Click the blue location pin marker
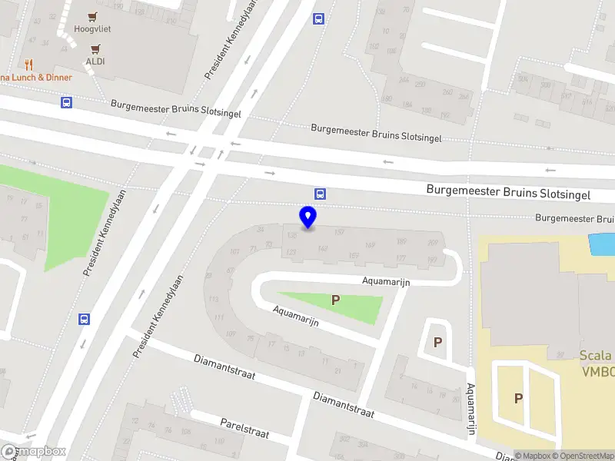[307, 217]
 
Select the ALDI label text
[95, 61]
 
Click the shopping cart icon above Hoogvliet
[94, 16]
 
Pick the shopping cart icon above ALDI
[95, 48]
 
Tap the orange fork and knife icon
[29, 65]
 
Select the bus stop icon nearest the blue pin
[319, 194]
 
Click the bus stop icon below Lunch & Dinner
[66, 102]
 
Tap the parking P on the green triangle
[335, 300]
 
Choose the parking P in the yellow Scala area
[518, 398]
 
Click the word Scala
[596, 355]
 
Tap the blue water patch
[602, 244]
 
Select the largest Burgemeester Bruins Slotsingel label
[508, 191]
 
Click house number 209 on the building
[432, 244]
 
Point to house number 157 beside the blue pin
[339, 232]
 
